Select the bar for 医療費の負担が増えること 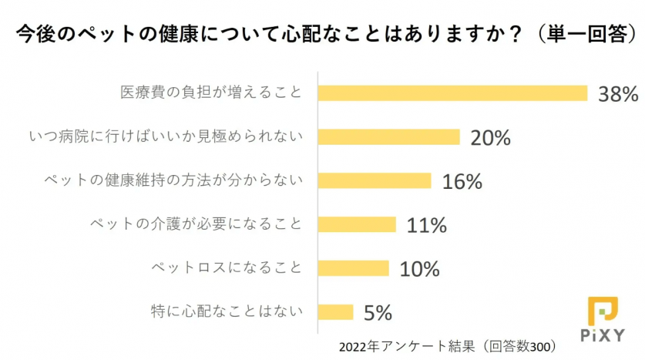click(452, 93)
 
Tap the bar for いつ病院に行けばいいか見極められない click(388, 137)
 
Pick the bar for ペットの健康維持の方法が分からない click(375, 180)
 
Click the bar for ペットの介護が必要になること click(357, 224)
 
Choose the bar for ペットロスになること click(353, 268)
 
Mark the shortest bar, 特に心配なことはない click(335, 312)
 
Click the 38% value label click(619, 94)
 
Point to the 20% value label click(491, 138)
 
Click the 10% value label click(419, 269)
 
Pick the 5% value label click(378, 313)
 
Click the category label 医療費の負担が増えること click(210, 93)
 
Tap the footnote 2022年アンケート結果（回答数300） click(447, 346)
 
